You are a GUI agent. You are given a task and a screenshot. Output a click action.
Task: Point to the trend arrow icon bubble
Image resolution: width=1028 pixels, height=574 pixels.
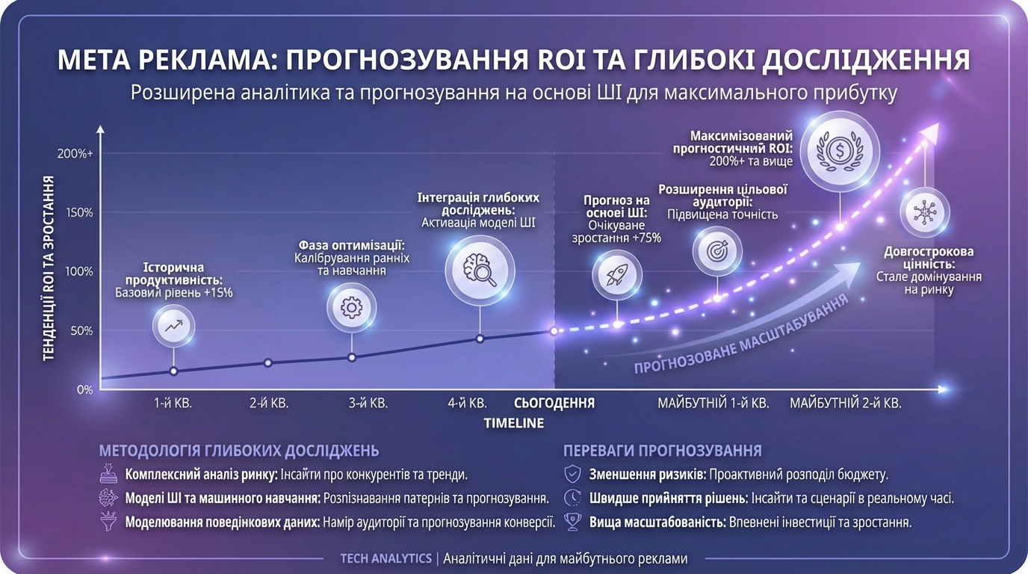(x=174, y=326)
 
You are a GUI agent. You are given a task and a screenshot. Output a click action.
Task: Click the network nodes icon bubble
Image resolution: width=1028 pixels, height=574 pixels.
(x=925, y=212)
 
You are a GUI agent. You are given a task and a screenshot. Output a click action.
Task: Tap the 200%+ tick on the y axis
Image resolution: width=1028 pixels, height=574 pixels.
(x=75, y=153)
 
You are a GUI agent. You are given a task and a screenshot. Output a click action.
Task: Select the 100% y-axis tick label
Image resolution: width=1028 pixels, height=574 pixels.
(x=79, y=271)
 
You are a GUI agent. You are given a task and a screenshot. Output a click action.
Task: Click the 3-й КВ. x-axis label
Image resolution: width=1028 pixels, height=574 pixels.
(x=368, y=404)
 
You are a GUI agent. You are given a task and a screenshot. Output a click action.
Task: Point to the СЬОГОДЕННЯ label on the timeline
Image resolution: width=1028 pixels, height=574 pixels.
(x=554, y=404)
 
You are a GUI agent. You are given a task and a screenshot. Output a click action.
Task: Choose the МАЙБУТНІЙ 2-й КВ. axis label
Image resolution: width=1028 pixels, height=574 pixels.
(x=846, y=404)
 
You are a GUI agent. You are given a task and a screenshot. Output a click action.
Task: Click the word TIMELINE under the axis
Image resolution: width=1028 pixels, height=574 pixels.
(x=513, y=423)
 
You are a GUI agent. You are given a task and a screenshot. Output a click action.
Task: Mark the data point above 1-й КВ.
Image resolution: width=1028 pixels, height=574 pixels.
(x=174, y=371)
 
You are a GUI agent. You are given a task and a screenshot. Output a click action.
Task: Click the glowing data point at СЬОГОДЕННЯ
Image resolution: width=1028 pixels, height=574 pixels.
(x=554, y=330)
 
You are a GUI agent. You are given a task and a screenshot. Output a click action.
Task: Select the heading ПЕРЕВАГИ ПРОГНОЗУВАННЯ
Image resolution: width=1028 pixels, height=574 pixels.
(x=662, y=451)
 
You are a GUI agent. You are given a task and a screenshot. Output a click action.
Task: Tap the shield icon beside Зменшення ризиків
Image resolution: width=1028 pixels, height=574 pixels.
(x=573, y=474)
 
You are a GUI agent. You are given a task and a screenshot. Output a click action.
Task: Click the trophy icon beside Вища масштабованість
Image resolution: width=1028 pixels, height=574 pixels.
(x=573, y=522)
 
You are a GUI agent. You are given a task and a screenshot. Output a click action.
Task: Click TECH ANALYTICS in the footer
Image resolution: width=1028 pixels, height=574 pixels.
(x=385, y=558)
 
